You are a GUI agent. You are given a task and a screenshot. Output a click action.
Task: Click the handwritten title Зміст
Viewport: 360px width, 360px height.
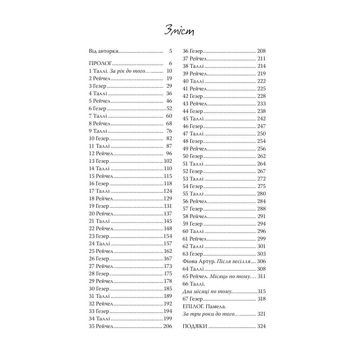(x=179, y=31)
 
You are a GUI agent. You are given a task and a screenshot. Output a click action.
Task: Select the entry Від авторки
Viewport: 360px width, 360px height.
(x=104, y=51)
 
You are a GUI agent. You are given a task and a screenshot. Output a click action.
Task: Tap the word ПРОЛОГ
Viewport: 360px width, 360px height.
(x=101, y=64)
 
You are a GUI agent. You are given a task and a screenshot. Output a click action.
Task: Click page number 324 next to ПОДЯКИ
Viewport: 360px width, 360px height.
(x=261, y=326)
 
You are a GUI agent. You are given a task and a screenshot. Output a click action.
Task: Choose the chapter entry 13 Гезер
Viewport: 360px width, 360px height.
(x=99, y=161)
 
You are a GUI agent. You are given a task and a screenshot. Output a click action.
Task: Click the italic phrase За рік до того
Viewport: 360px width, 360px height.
(x=130, y=71)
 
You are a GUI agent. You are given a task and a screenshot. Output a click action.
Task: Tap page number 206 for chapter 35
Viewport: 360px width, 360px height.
(x=168, y=326)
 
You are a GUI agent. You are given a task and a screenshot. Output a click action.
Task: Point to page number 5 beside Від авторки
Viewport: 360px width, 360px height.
(x=171, y=51)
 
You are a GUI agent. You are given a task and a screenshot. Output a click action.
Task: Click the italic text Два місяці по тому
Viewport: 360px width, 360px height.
(x=207, y=291)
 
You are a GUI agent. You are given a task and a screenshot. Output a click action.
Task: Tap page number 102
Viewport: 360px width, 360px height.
(x=168, y=161)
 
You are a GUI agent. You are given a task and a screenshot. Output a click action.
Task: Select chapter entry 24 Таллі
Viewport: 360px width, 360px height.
(x=99, y=244)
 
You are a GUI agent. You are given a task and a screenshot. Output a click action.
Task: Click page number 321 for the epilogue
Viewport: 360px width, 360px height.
(x=261, y=314)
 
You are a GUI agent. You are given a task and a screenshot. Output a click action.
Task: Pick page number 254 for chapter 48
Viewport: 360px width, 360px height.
(x=261, y=141)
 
